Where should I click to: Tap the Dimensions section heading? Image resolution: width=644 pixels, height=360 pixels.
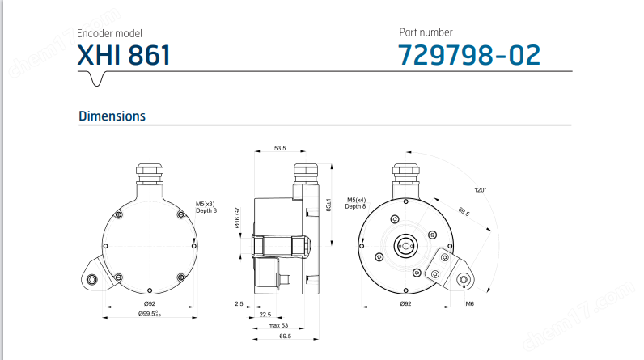coord(112,116)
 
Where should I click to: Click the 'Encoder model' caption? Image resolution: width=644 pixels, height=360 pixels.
coord(109,34)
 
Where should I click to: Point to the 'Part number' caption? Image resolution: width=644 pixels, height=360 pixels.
coord(426,32)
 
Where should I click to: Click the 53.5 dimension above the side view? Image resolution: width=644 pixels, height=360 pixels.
coord(281,149)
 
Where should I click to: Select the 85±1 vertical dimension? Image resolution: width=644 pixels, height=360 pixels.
coord(329,205)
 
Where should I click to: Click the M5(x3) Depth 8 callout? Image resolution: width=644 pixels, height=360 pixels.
coord(205,207)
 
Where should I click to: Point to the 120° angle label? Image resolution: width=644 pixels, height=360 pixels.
coord(480,189)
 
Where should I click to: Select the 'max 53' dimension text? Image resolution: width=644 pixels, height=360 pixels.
coord(279,324)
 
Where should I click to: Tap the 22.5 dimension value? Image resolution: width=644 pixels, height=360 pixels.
coord(265,315)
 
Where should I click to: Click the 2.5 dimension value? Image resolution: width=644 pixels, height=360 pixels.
coord(239,304)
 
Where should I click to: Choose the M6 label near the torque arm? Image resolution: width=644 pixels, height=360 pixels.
coord(468,304)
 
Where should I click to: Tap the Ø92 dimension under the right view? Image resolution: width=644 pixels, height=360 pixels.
coord(405,304)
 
